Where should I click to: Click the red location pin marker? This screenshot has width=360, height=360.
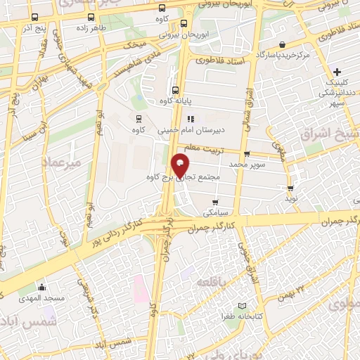pos(181,166)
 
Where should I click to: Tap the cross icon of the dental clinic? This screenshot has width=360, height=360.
pos(337,72)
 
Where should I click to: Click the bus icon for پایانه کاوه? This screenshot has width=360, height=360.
pos(174,89)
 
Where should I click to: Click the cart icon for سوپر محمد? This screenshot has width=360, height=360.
pos(246,154)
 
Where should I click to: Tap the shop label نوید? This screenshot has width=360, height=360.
pos(290,200)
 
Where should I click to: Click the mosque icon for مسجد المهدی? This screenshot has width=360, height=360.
pos(42,287)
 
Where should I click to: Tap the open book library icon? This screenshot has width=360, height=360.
pos(243,306)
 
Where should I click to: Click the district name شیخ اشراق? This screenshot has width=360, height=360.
pos(330,133)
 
